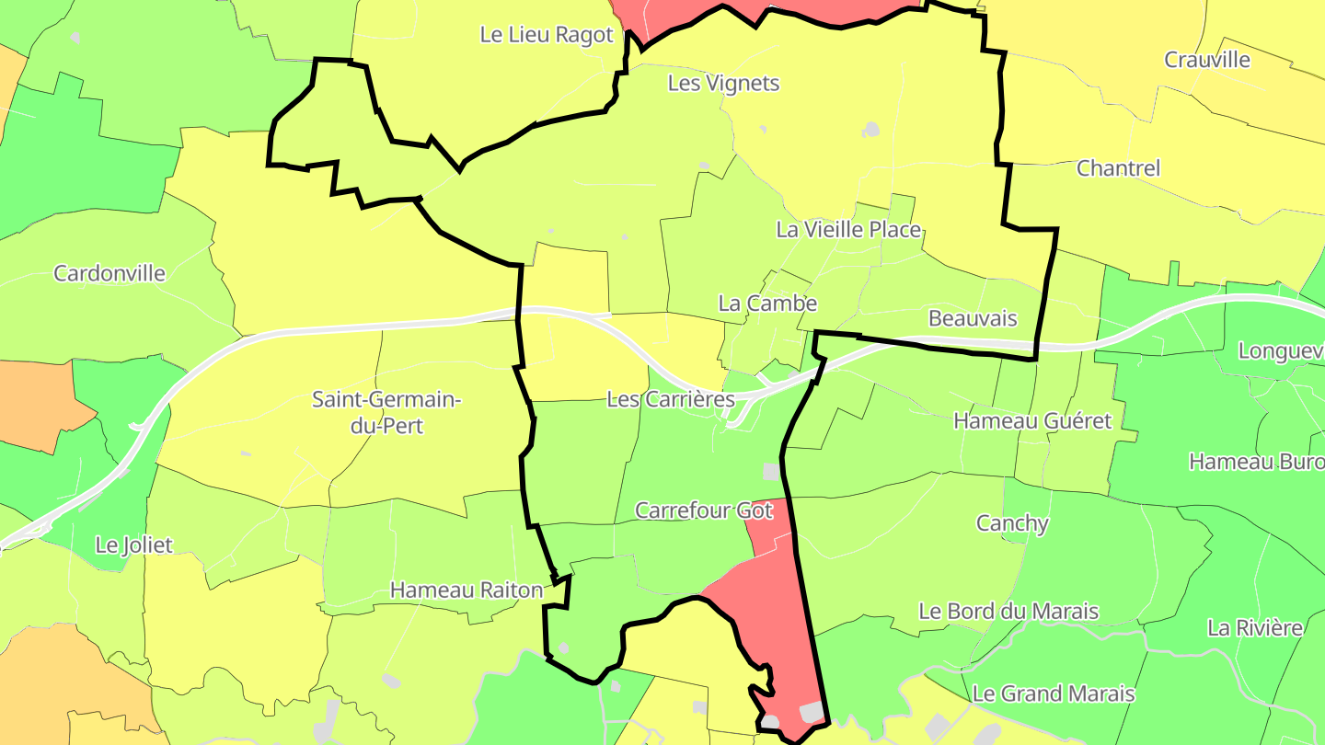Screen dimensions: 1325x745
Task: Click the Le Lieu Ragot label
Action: (x=547, y=35)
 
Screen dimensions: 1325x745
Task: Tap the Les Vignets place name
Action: (x=723, y=84)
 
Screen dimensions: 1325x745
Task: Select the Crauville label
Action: (x=1207, y=61)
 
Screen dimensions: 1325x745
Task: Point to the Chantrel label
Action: (x=1118, y=169)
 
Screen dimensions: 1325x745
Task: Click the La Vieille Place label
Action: (x=848, y=230)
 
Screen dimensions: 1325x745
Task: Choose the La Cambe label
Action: (x=767, y=304)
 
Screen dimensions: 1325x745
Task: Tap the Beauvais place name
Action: (x=973, y=319)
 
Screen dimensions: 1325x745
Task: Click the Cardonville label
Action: (x=109, y=274)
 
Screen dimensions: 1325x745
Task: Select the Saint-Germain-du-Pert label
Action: (x=386, y=413)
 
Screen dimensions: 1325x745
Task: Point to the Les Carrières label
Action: (x=671, y=400)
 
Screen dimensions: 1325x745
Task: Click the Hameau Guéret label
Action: (x=1032, y=421)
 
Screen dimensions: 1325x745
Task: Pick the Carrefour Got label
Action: (x=705, y=510)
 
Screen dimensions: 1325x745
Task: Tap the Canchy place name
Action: (x=1012, y=524)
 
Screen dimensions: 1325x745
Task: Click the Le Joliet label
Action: (x=134, y=545)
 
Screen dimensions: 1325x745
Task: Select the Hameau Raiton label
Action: (x=467, y=590)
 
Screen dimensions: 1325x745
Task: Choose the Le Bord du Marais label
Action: (x=1008, y=612)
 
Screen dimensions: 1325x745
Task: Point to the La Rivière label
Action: (x=1255, y=629)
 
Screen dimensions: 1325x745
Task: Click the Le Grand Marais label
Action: (x=1054, y=693)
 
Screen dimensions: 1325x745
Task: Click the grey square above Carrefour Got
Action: (x=771, y=472)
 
